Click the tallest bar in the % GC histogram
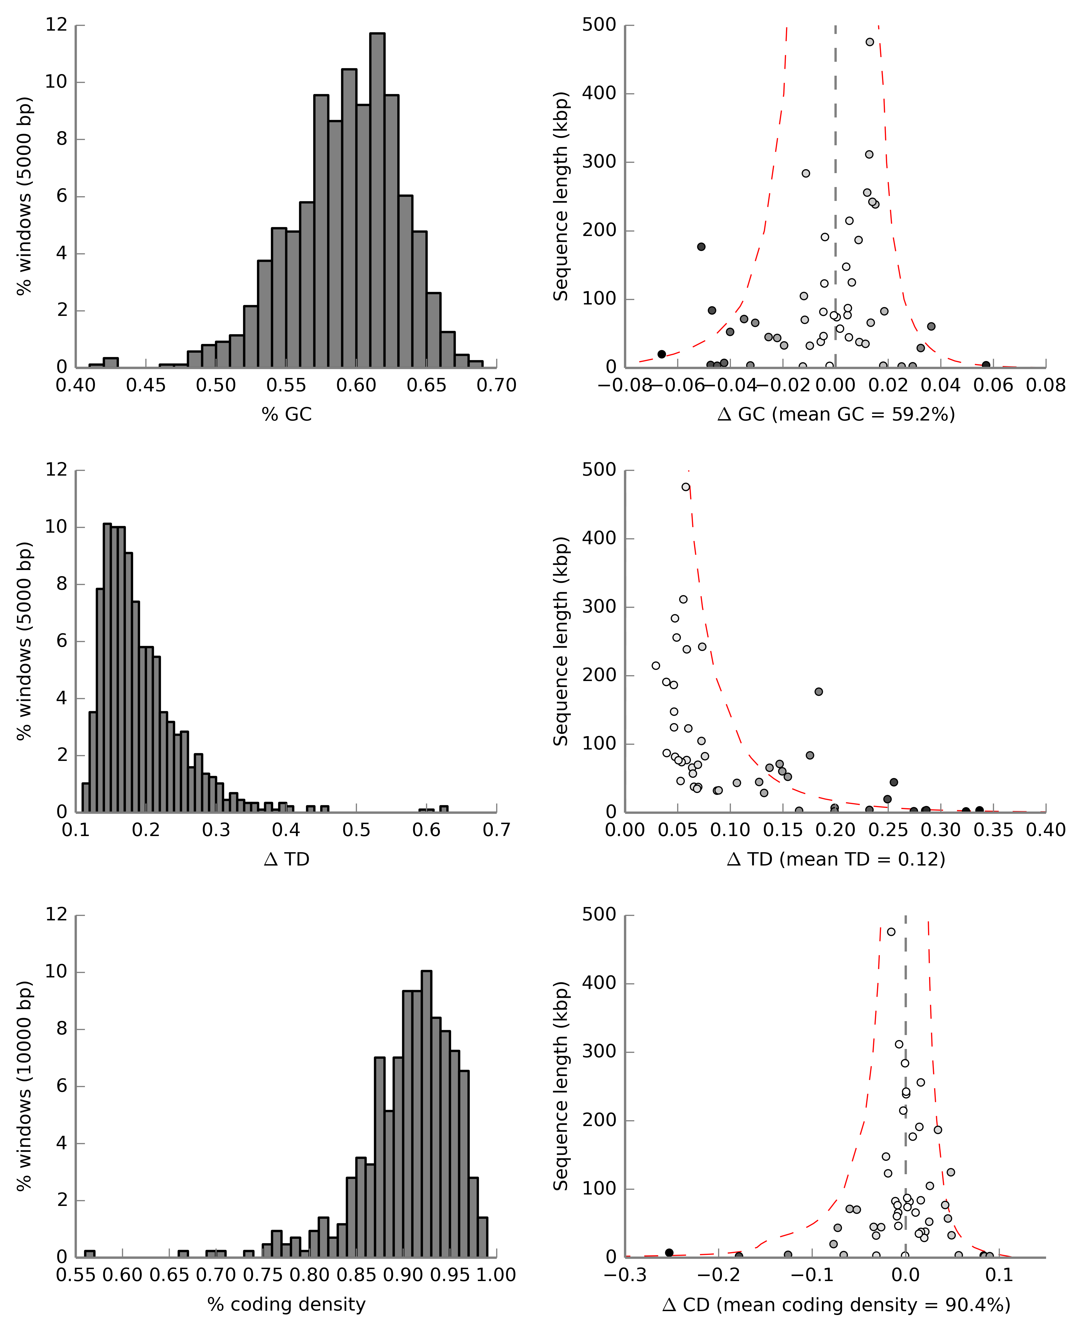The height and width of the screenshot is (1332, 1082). (377, 199)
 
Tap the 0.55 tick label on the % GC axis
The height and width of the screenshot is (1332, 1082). (286, 386)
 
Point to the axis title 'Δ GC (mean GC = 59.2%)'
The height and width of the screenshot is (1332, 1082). (836, 414)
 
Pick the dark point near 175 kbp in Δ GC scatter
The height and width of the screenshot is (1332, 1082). (701, 247)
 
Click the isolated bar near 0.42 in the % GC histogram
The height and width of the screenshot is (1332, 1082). (111, 363)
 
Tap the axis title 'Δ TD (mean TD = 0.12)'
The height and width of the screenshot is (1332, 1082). (836, 859)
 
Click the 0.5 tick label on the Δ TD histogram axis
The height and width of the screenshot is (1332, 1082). (356, 830)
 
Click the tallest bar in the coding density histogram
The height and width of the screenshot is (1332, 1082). (426, 1115)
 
